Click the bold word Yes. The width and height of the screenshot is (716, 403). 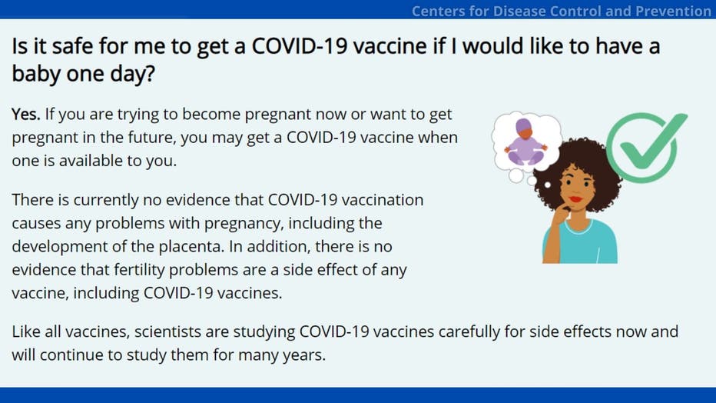(x=26, y=115)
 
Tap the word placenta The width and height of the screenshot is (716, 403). (x=191, y=246)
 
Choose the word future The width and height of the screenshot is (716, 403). (x=148, y=138)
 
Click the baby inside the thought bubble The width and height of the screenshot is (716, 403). (x=525, y=142)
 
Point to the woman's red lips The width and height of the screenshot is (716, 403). (x=576, y=199)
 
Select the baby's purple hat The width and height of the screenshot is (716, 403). (x=524, y=125)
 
